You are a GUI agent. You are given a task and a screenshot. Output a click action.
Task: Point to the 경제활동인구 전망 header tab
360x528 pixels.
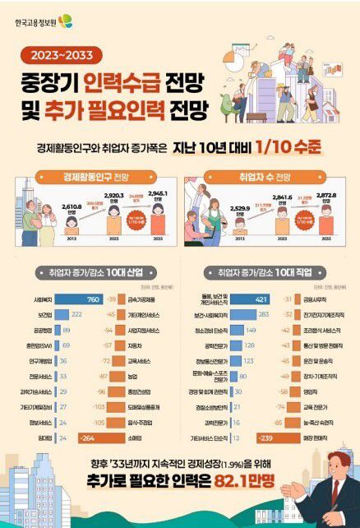coord(94,178)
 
